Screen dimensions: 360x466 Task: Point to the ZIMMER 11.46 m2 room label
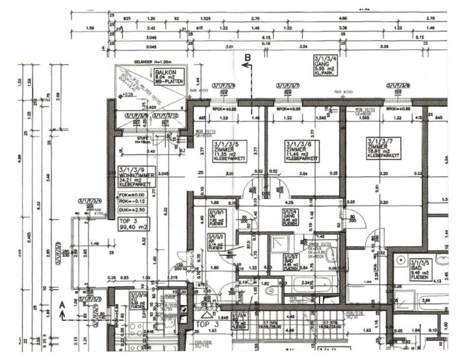point(301,151)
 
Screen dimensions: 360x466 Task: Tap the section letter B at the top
point(248,58)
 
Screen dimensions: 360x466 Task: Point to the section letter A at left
point(62,305)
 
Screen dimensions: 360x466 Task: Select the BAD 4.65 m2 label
point(290,261)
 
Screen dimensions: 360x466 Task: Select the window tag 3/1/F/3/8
point(399,86)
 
